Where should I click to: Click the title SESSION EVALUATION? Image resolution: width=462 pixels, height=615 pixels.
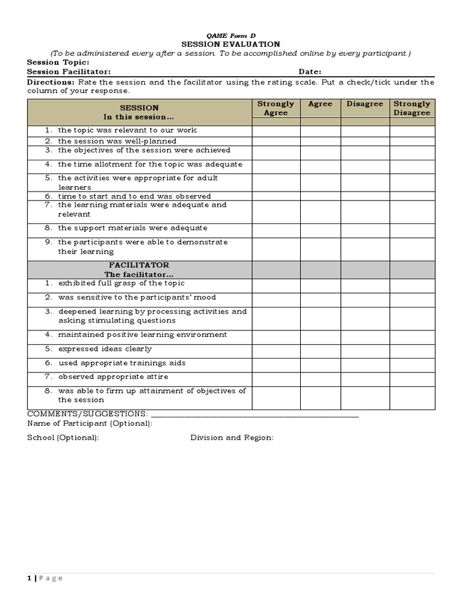tap(231, 44)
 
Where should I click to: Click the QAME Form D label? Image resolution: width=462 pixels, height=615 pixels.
tap(231, 35)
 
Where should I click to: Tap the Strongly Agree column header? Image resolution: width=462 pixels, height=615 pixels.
tap(276, 108)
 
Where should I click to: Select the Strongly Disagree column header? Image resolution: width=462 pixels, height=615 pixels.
tap(412, 108)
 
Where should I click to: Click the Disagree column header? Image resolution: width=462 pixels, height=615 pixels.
tap(365, 104)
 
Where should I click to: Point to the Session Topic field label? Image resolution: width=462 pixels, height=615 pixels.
tap(58, 62)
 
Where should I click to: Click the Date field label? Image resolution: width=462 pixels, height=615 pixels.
tap(310, 71)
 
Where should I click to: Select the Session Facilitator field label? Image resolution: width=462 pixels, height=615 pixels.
tap(69, 71)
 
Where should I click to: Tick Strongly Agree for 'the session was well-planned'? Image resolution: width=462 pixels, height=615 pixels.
tap(276, 141)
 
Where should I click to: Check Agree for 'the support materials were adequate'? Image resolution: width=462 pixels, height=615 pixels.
tap(320, 228)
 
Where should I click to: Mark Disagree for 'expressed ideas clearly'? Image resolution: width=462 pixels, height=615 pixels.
tap(365, 349)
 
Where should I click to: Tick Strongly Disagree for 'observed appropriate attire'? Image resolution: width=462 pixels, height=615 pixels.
tap(412, 377)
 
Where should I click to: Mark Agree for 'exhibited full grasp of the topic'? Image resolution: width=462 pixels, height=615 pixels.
tap(320, 283)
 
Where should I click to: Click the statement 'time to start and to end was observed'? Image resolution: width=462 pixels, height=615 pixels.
tap(134, 196)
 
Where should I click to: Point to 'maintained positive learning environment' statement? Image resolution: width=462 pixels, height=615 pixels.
tap(143, 335)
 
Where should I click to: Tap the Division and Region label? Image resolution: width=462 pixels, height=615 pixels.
tap(232, 437)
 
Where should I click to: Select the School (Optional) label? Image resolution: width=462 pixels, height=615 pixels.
tap(63, 437)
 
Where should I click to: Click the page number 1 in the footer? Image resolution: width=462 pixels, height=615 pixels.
tap(29, 578)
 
